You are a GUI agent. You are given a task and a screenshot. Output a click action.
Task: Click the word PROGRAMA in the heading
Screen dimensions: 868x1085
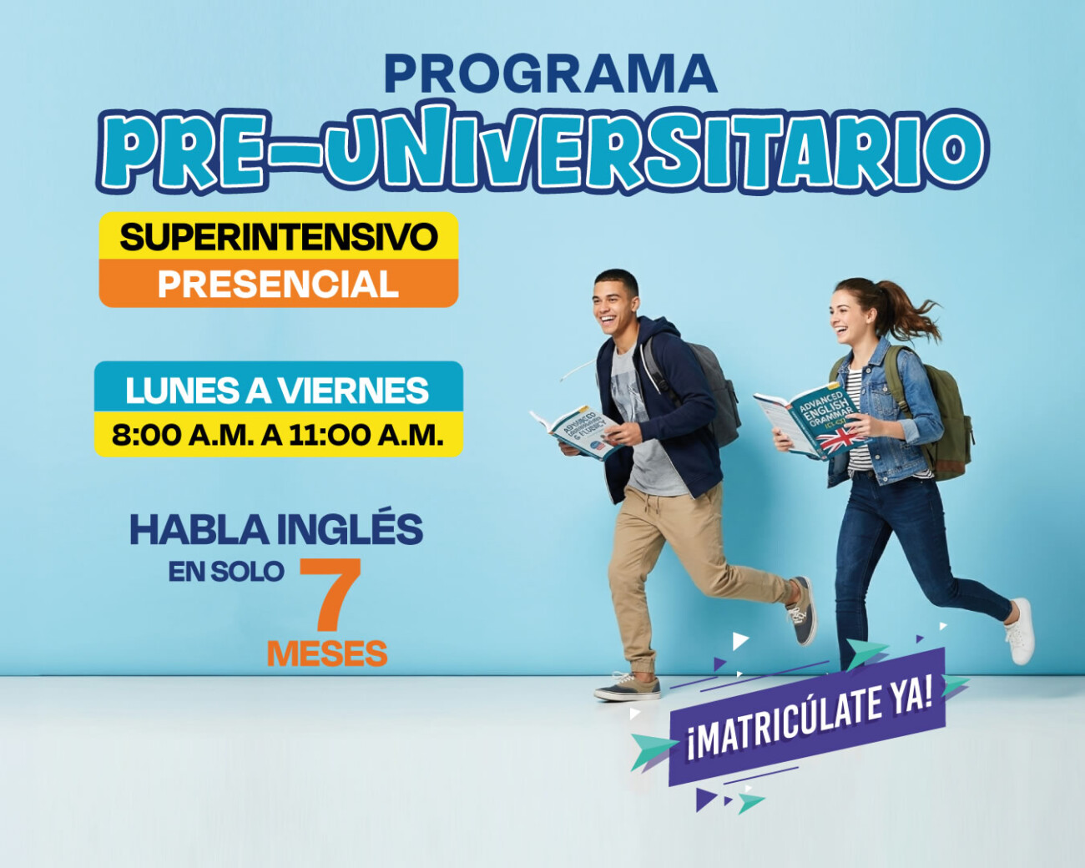click(550, 75)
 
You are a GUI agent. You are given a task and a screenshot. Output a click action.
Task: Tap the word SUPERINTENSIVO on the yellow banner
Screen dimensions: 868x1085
click(278, 237)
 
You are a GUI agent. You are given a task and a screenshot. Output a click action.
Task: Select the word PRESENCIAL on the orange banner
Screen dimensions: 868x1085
click(278, 285)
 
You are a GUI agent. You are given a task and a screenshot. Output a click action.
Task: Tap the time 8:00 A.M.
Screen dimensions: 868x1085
click(181, 435)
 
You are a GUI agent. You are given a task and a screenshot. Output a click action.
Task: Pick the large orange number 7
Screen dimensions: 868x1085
click(331, 594)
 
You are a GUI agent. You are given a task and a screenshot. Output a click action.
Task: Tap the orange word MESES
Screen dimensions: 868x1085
click(327, 654)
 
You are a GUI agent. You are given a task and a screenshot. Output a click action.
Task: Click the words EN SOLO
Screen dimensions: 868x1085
click(226, 572)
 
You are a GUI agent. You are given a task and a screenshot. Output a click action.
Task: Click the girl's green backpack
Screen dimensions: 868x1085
click(947, 417)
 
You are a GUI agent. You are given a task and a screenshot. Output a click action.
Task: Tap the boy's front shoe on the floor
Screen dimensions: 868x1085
click(627, 687)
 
